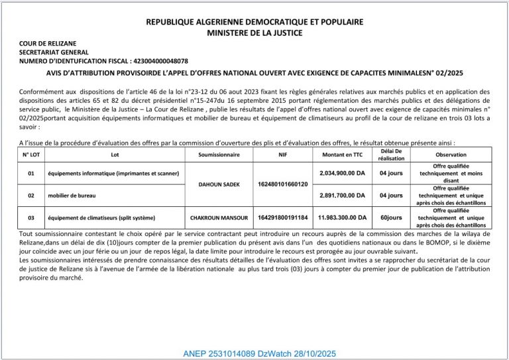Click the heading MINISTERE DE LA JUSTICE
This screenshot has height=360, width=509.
(254, 32)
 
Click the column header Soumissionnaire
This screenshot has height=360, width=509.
(219, 154)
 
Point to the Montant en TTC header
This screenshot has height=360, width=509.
(342, 154)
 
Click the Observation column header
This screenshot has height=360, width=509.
(451, 154)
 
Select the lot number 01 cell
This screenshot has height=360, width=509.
(31, 173)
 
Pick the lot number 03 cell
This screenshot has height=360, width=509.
(31, 217)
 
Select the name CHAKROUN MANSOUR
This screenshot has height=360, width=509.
(219, 217)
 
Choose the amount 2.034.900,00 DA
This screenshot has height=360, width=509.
(342, 173)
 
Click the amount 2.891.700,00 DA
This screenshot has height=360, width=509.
(342, 196)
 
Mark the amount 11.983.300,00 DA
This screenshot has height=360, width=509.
(342, 217)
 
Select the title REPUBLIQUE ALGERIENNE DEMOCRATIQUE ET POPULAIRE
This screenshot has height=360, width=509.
(254, 22)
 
